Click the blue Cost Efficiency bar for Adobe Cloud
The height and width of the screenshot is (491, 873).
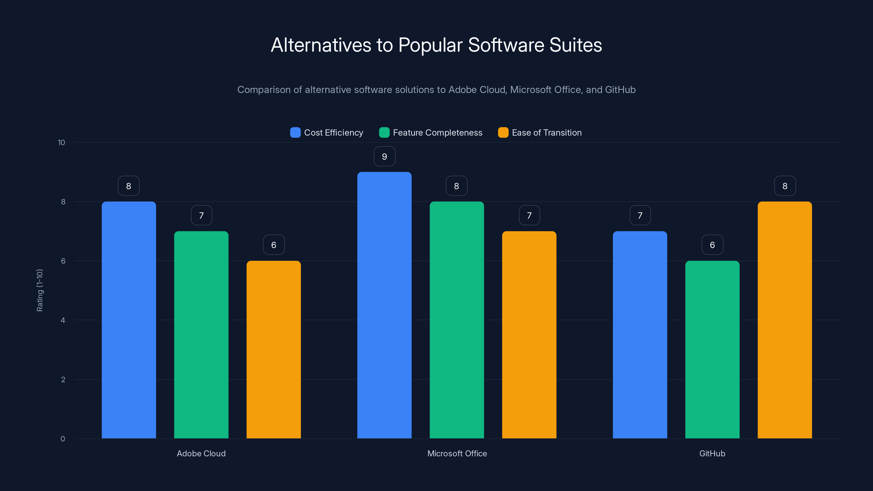point(129,320)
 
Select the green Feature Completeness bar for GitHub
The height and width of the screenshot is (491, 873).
point(712,349)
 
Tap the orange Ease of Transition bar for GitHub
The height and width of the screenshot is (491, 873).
point(785,320)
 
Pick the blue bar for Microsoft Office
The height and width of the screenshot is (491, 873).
point(384,305)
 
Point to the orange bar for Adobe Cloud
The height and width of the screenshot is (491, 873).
point(273,349)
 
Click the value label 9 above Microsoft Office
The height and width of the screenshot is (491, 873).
point(384,157)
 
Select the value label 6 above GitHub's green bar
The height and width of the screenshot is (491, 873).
point(712,245)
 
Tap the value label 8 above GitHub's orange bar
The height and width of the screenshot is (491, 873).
point(785,186)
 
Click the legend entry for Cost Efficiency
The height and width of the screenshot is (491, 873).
point(327,133)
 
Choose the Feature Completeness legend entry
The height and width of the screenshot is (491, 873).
point(431,133)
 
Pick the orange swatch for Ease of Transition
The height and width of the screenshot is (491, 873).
point(503,133)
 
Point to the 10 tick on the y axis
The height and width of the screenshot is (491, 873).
point(61,142)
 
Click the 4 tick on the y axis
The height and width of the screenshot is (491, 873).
point(63,320)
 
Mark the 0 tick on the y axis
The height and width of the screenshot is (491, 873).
point(63,439)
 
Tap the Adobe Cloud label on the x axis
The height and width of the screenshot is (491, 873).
point(201,453)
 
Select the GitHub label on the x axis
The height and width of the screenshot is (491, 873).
point(712,453)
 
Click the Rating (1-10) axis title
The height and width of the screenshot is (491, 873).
point(40,291)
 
